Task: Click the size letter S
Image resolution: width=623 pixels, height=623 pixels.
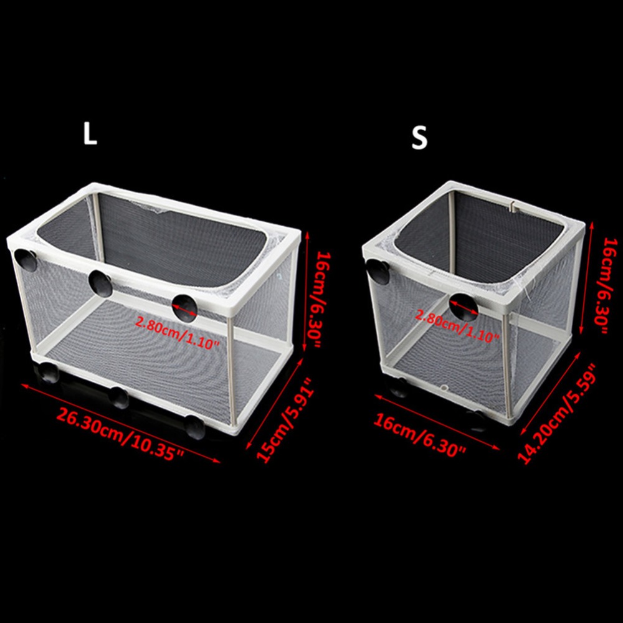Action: (419, 138)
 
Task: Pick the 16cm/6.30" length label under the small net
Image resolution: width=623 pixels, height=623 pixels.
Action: (419, 435)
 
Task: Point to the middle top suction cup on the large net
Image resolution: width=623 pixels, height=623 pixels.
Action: (100, 282)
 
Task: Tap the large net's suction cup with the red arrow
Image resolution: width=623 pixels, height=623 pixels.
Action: (184, 308)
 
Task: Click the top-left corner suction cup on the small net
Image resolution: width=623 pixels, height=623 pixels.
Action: (378, 271)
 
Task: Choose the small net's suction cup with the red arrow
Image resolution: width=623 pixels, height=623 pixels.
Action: (464, 307)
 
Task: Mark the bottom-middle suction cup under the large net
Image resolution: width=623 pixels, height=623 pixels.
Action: (119, 397)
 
